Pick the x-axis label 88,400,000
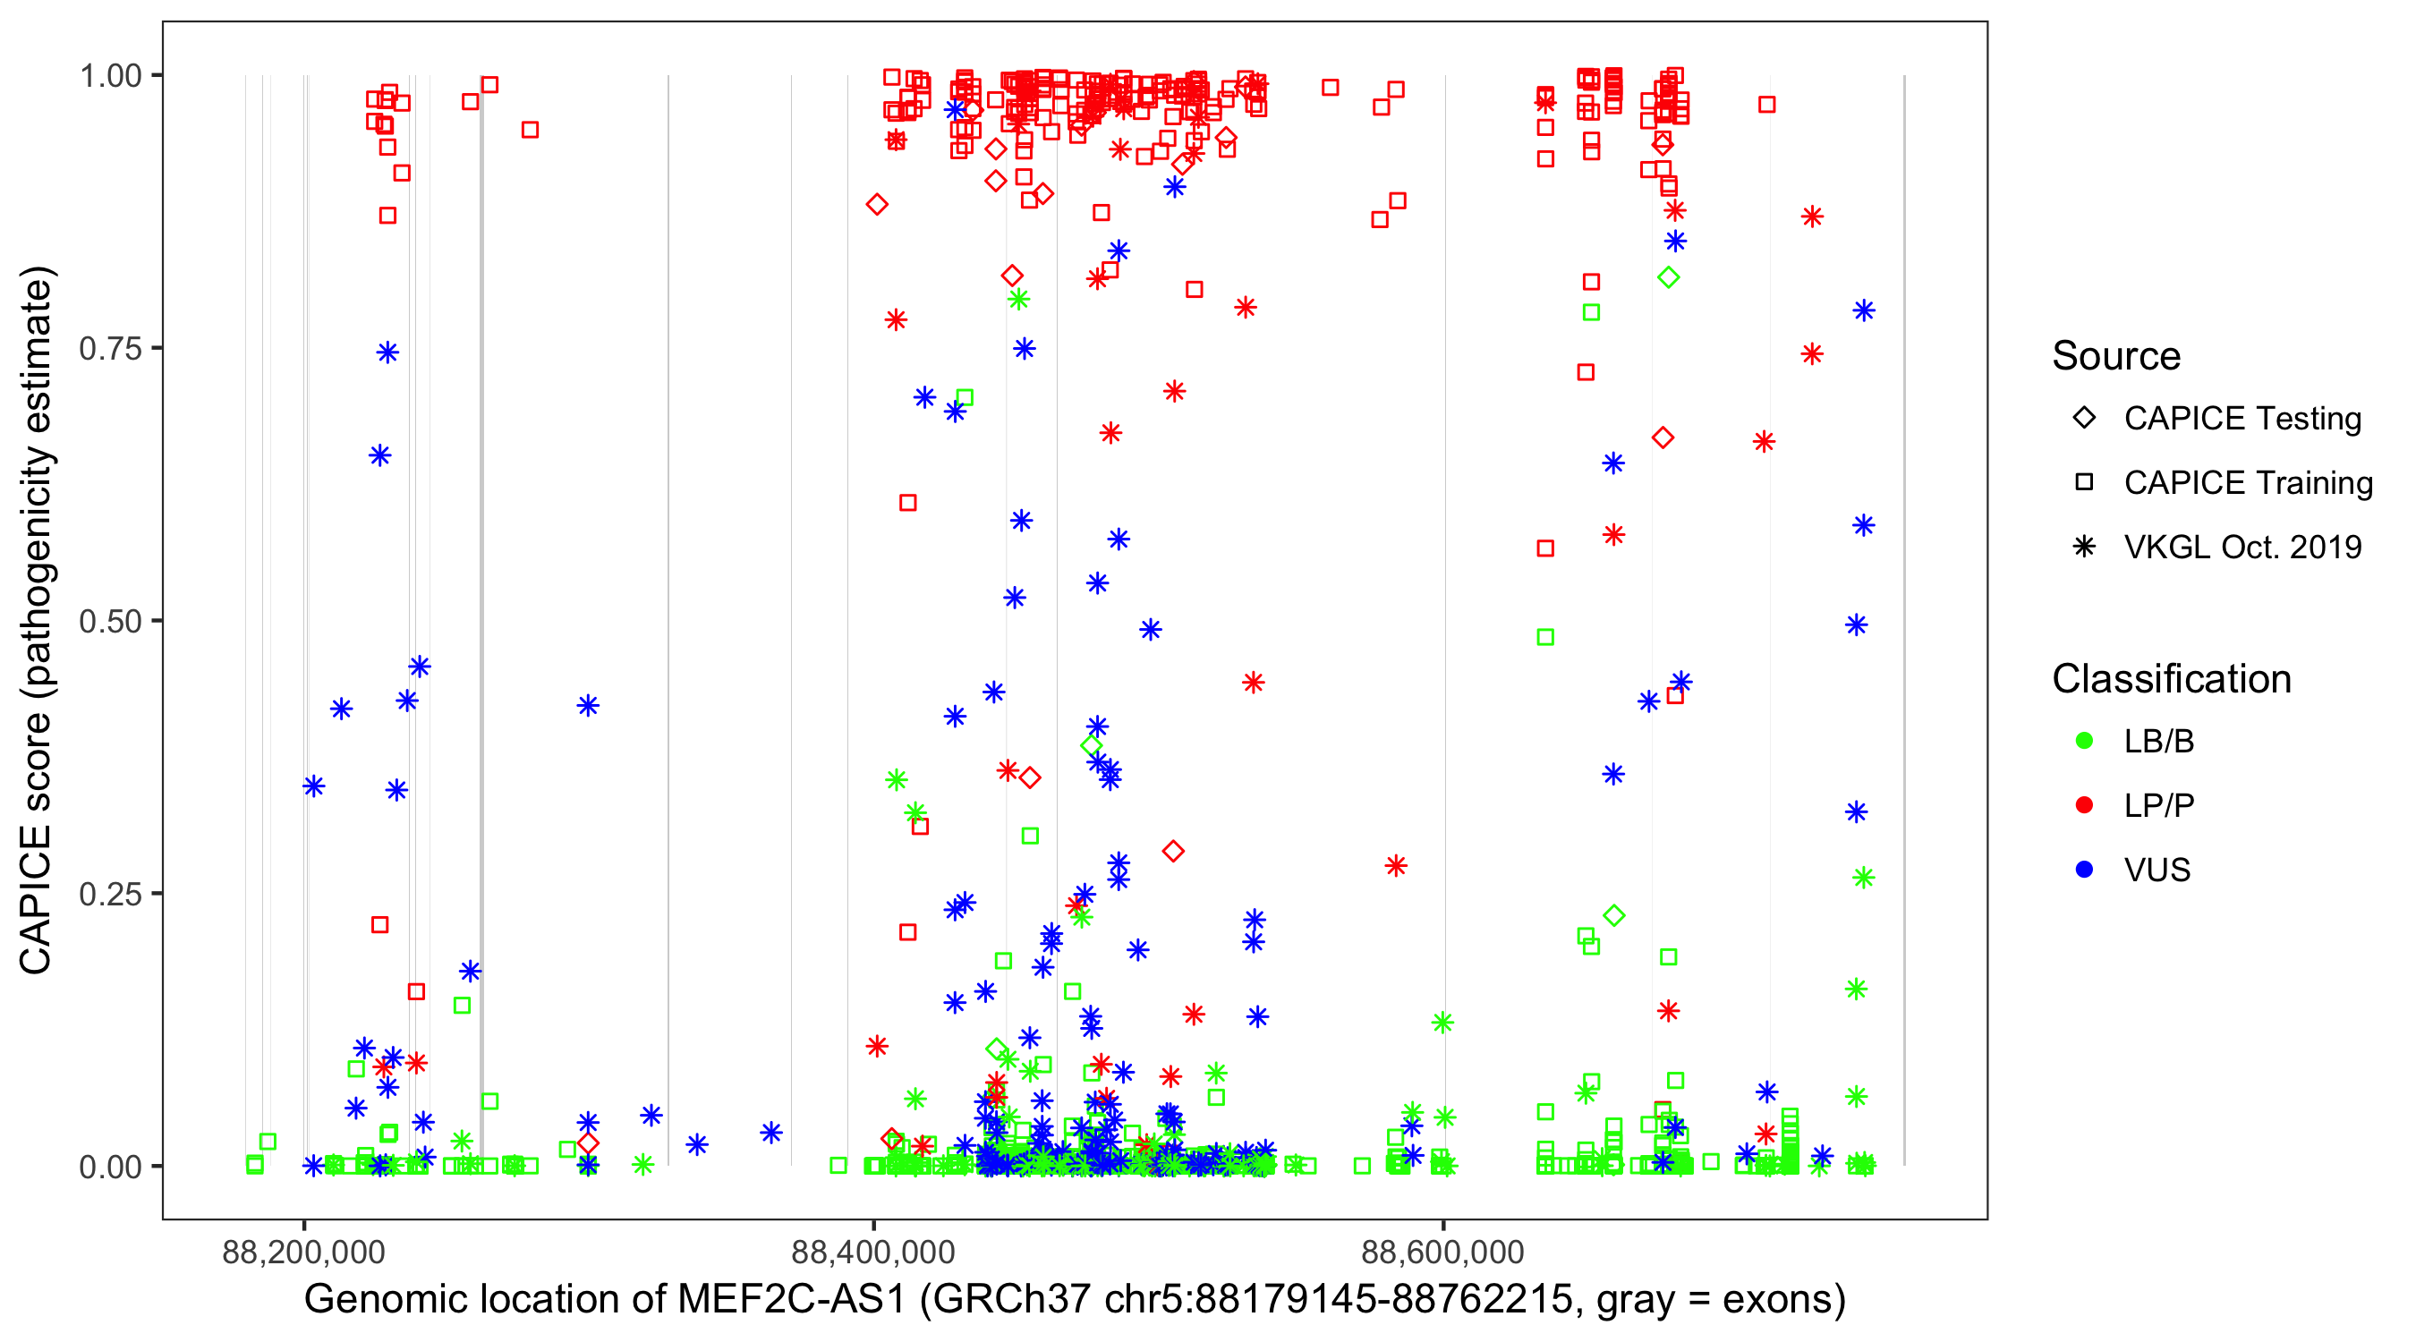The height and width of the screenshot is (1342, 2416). coord(873,1252)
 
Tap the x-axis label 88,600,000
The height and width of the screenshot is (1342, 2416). coord(1442,1252)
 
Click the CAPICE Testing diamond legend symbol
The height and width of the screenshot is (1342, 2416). coord(2084,419)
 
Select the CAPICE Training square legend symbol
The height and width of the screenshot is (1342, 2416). coord(2084,483)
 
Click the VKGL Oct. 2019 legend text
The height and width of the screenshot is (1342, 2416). coord(2242,548)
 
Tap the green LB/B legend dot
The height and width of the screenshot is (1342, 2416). coord(2084,742)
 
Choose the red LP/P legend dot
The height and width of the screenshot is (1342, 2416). coord(2084,805)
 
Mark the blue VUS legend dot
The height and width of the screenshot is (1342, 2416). coord(2084,871)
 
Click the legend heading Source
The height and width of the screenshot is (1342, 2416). coord(2116,356)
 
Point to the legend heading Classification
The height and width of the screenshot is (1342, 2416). coord(2171,679)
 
